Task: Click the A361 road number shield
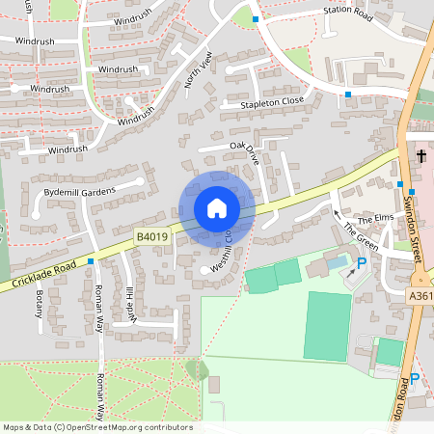point(420,296)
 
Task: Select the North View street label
point(197,69)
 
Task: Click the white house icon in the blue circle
point(217,207)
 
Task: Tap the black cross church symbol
point(421,155)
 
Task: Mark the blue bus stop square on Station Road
point(256,19)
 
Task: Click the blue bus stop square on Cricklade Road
point(91,260)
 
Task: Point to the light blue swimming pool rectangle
point(337,261)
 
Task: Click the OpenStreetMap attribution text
point(96,427)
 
